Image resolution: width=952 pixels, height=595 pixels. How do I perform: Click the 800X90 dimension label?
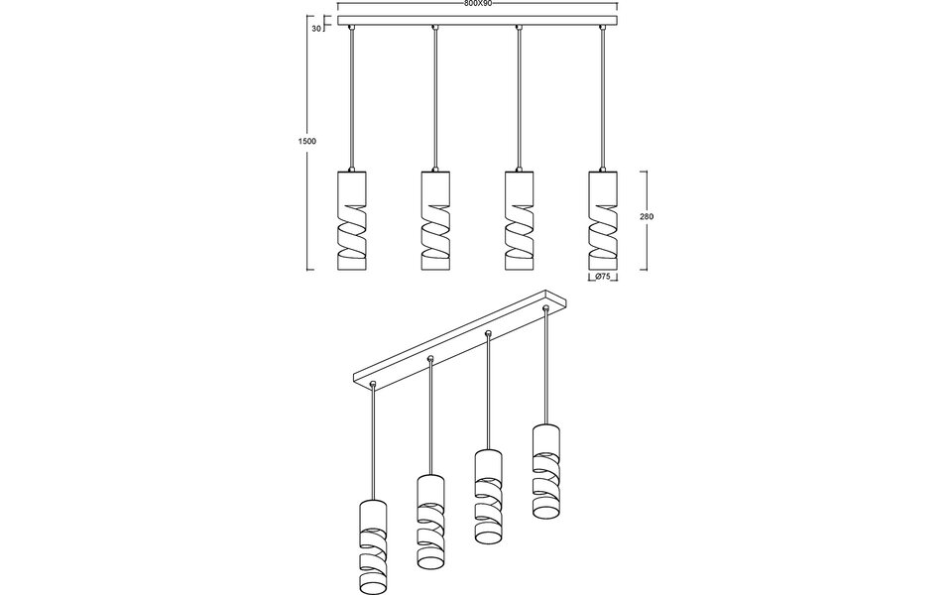[x=478, y=4]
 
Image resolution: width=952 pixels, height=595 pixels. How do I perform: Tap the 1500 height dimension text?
[x=307, y=142]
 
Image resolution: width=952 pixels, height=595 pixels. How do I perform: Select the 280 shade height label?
[x=647, y=216]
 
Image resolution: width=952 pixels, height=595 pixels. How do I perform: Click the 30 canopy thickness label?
[x=316, y=29]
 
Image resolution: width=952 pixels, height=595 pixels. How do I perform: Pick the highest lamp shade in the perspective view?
[x=545, y=471]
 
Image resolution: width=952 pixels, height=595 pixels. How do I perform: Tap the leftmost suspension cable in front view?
[x=351, y=99]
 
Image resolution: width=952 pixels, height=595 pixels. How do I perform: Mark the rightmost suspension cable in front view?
[x=601, y=99]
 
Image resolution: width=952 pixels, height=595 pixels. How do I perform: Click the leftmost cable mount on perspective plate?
[x=373, y=383]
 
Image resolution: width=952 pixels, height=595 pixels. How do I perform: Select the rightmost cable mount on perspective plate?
[x=544, y=309]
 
